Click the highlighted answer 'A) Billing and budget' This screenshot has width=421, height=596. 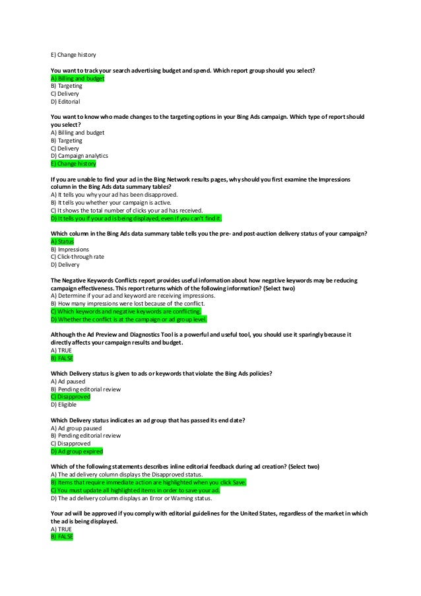(77, 79)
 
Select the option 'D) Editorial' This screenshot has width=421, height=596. (65, 102)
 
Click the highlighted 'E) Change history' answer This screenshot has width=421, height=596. (73, 164)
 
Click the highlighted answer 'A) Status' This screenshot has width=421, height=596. (63, 242)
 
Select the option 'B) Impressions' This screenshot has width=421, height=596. (69, 249)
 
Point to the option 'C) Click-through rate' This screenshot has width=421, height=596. (79, 257)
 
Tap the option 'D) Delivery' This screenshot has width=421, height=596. (65, 265)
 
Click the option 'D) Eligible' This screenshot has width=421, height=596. (64, 405)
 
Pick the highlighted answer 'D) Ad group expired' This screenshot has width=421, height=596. (77, 451)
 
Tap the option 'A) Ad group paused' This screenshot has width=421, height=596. (76, 428)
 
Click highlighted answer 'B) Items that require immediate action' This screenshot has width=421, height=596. (148, 482)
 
